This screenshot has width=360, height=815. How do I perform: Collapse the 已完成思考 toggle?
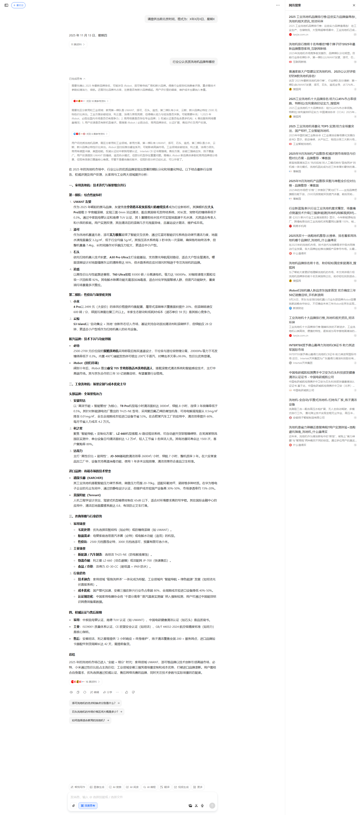[77, 79]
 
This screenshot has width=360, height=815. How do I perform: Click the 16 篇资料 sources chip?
[86, 682]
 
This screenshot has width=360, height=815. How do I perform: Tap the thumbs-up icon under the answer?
[127, 692]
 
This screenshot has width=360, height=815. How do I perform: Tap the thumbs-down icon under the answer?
[133, 692]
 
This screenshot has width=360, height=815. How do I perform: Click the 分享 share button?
[108, 692]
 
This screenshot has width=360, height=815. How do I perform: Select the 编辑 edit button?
[94, 692]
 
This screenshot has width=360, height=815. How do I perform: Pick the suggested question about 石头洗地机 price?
[97, 712]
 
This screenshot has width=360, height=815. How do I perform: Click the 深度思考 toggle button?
[88, 805]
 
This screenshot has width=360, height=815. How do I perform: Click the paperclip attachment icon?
[73, 805]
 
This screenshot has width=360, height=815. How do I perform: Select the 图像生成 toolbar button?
[97, 787]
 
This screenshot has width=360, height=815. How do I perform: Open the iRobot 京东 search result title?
[322, 293]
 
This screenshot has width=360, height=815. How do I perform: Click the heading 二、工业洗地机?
[97, 384]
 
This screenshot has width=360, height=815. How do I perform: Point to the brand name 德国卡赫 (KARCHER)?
[88, 478]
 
